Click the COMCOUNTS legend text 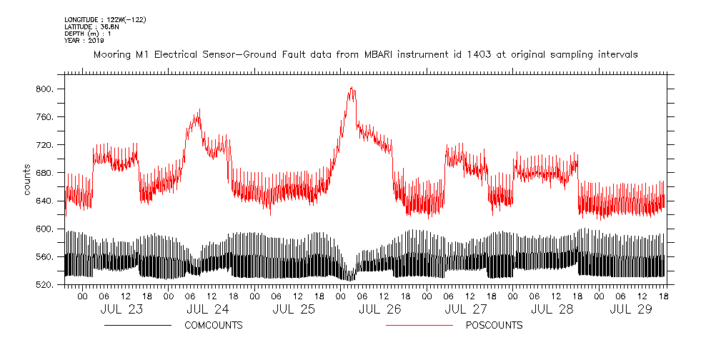214,326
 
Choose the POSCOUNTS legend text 494,326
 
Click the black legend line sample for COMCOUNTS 137,326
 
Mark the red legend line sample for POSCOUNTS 419,326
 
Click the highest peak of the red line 351,87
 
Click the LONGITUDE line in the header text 105,19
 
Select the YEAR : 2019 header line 84,40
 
